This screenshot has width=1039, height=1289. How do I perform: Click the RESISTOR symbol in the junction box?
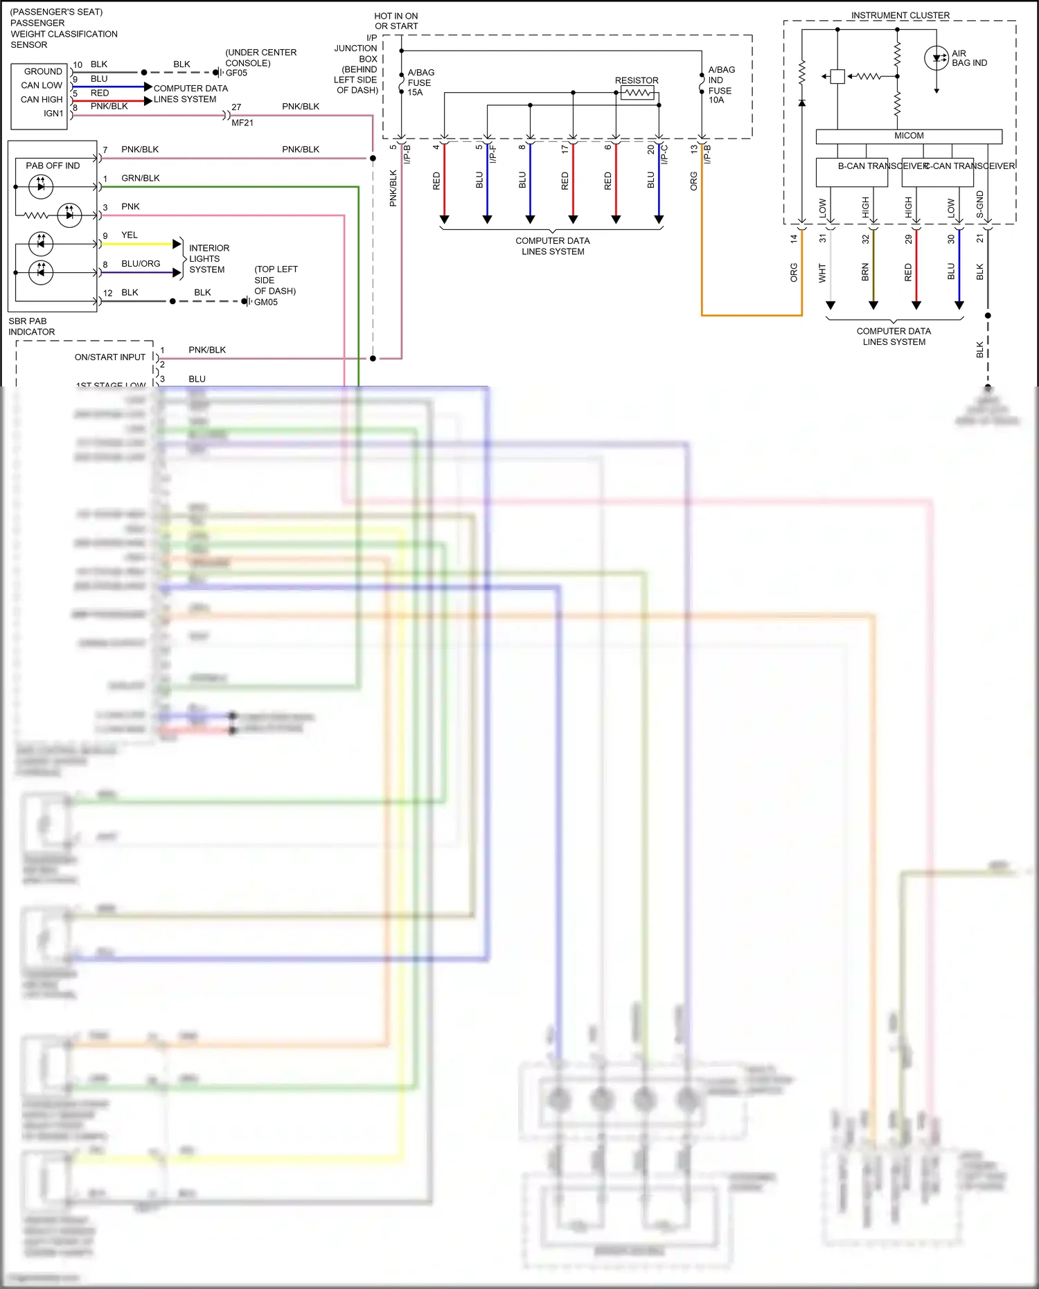click(637, 92)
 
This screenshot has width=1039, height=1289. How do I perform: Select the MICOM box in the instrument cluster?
click(908, 136)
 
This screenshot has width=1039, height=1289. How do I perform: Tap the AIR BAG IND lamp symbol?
click(936, 58)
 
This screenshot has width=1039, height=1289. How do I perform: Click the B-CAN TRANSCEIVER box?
click(851, 172)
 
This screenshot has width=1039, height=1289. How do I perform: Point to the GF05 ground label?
click(236, 73)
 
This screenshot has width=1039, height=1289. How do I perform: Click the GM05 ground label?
click(265, 302)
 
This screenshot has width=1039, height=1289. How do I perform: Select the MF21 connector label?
click(242, 123)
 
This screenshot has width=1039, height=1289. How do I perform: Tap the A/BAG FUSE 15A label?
click(420, 82)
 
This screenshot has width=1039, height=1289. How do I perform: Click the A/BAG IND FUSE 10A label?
click(720, 85)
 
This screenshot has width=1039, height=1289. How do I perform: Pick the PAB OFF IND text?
click(53, 166)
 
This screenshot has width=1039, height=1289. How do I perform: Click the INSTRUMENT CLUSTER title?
click(900, 15)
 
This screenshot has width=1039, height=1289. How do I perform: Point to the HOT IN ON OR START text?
click(396, 21)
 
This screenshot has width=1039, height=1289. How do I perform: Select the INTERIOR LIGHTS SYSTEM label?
click(208, 258)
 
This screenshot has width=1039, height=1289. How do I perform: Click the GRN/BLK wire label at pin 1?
click(141, 178)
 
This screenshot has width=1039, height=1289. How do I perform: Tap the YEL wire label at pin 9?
click(130, 235)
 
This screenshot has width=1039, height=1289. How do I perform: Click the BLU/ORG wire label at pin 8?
click(141, 264)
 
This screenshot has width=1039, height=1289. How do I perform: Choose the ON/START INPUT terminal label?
click(110, 357)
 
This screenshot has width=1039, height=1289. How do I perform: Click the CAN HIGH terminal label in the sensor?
click(42, 100)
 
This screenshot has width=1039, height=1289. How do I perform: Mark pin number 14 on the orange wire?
click(794, 238)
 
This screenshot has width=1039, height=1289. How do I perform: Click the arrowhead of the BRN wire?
click(873, 305)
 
